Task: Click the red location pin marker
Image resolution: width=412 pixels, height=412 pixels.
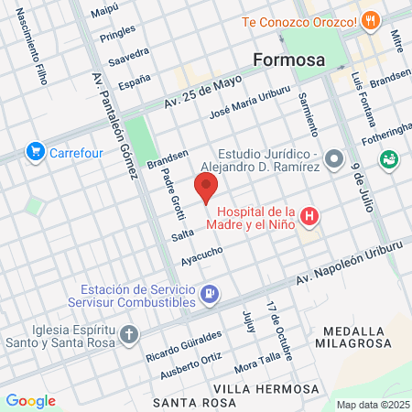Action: click(x=206, y=190)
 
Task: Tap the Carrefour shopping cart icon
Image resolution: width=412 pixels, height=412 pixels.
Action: click(x=36, y=152)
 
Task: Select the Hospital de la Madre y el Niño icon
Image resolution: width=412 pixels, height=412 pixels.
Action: click(x=310, y=217)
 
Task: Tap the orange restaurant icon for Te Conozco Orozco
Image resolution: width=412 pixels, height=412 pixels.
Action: click(x=370, y=20)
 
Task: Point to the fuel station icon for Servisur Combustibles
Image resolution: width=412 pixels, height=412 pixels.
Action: click(x=210, y=293)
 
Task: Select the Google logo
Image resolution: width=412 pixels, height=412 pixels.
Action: click(x=30, y=400)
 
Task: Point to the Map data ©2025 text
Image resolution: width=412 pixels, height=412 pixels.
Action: click(x=370, y=404)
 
